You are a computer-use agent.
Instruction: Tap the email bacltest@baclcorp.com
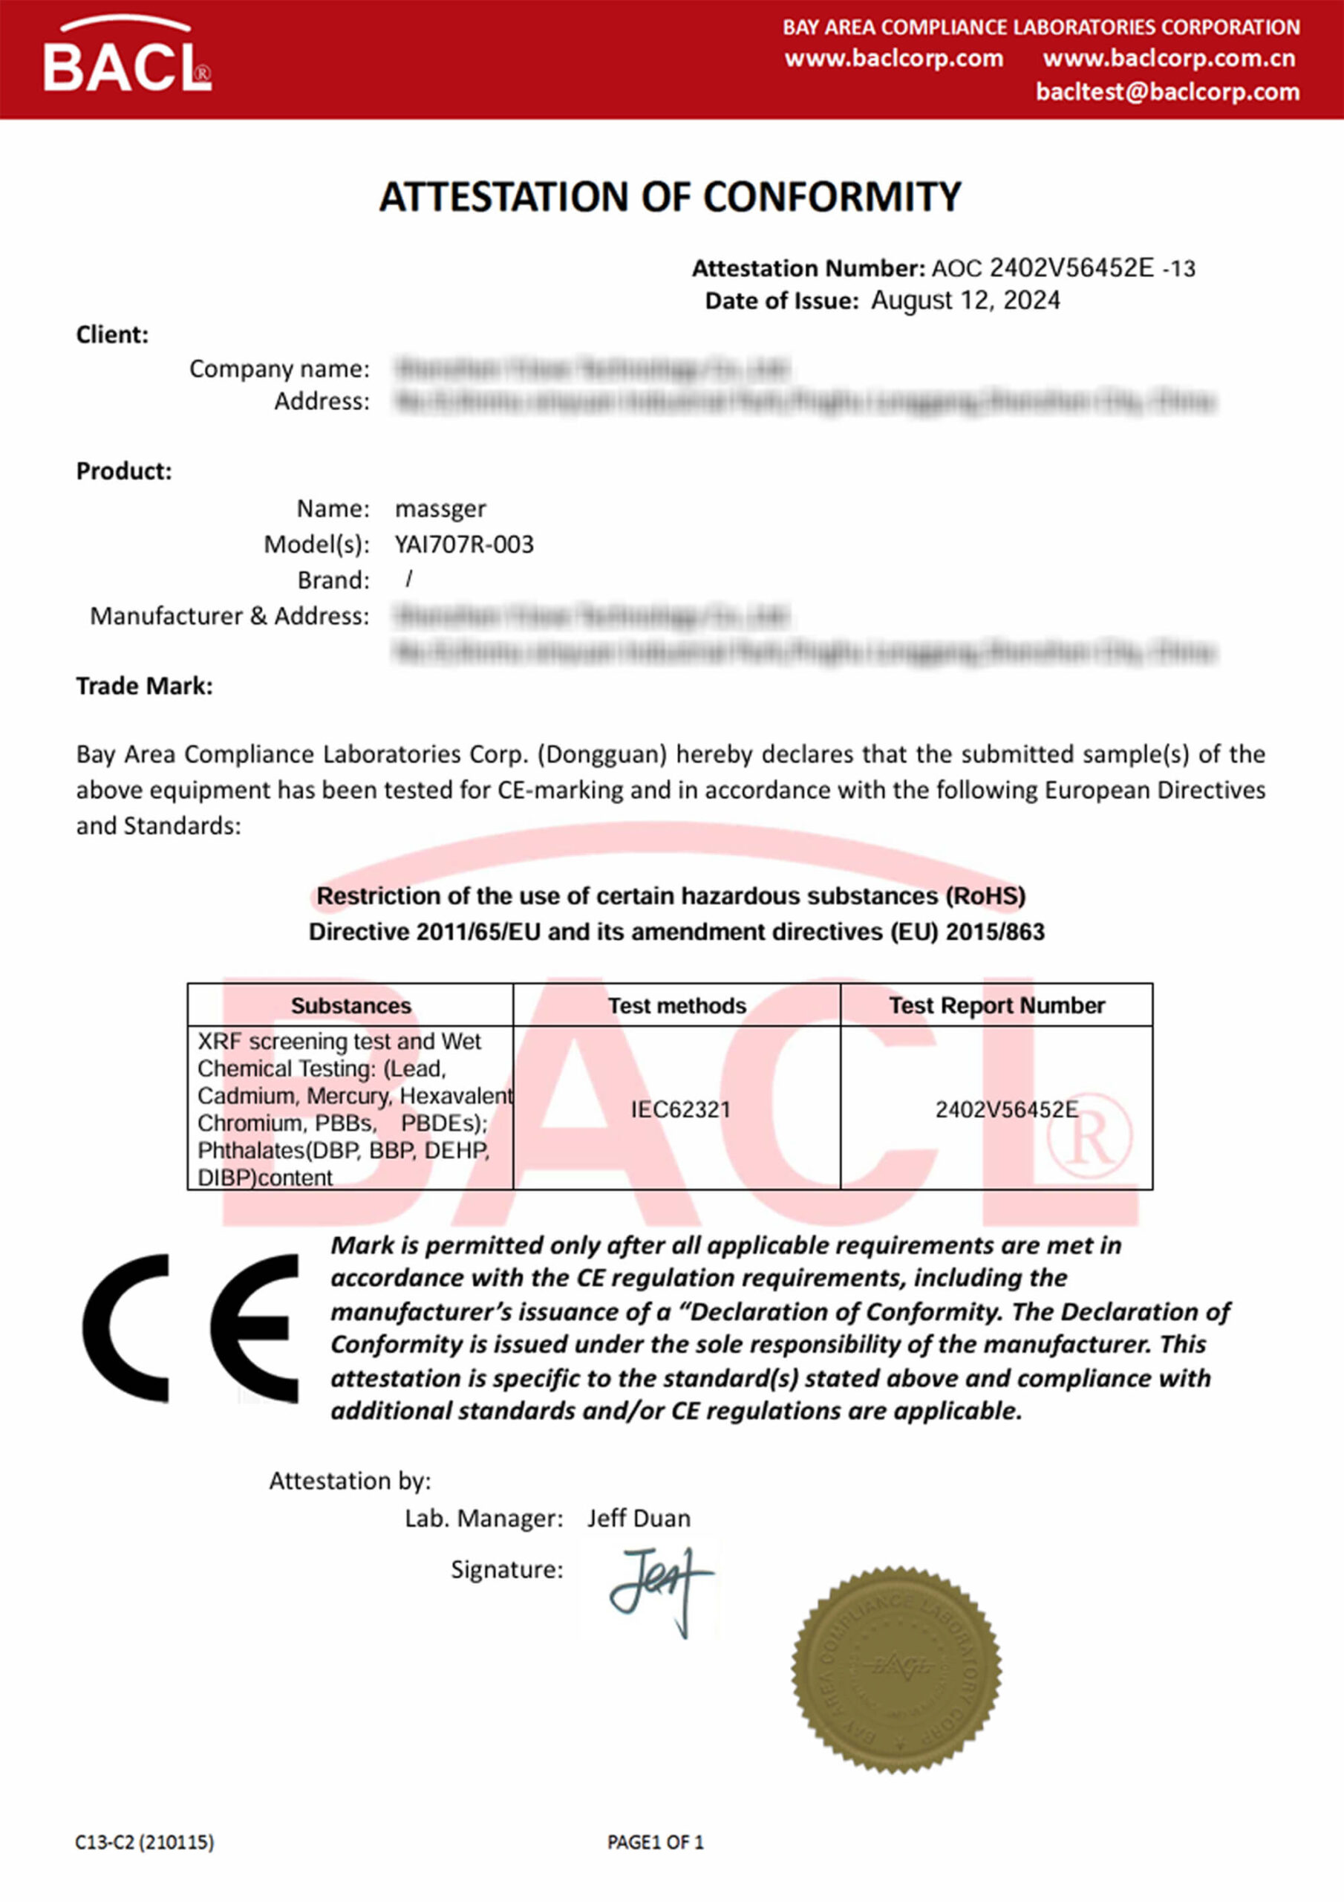[x=1167, y=92]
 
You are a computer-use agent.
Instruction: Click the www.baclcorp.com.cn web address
[x=1169, y=59]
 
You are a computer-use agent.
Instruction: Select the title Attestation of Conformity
[x=670, y=198]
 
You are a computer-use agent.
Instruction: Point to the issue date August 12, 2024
[x=965, y=301]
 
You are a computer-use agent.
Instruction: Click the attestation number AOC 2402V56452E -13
[x=1063, y=268]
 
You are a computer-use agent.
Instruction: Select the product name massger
[x=440, y=509]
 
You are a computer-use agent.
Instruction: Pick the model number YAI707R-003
[x=464, y=545]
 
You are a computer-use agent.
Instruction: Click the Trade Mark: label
[x=144, y=686]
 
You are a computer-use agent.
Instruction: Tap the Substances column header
[x=350, y=1006]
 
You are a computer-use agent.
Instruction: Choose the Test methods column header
[x=676, y=1006]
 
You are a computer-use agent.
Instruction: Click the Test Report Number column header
[x=996, y=1006]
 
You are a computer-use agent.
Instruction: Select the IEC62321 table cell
[x=681, y=1109]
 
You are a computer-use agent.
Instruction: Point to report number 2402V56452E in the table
[x=1006, y=1109]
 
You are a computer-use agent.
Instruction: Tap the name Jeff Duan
[x=639, y=1519]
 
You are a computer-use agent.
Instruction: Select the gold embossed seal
[x=896, y=1669]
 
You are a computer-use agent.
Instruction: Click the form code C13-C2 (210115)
[x=144, y=1843]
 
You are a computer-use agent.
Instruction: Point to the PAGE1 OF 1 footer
[x=655, y=1843]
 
